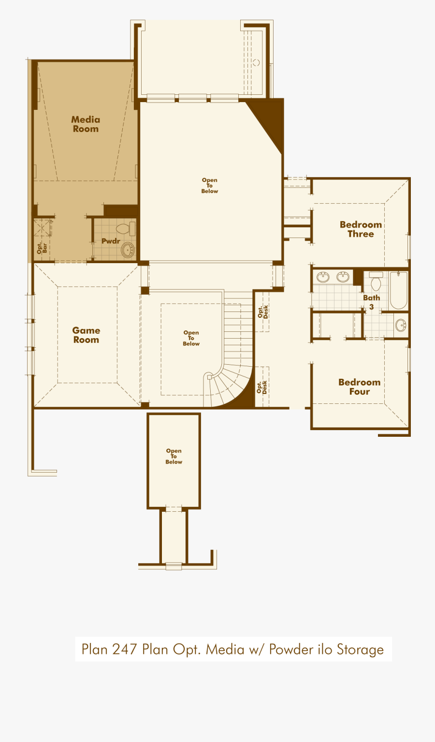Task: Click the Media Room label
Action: pos(86,124)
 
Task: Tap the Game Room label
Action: pos(86,335)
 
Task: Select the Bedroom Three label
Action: pos(361,229)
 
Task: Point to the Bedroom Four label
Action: pos(359,387)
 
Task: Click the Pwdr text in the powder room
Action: pos(111,241)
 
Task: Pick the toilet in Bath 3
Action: pos(376,282)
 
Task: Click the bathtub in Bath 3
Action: pos(398,290)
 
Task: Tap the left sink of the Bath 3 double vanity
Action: pos(323,277)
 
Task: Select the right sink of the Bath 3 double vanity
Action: pos(343,277)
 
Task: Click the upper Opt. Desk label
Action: pos(262,312)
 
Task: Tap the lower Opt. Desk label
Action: pos(261,387)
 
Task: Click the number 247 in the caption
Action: pos(124,649)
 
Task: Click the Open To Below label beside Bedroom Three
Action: pos(209,186)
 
